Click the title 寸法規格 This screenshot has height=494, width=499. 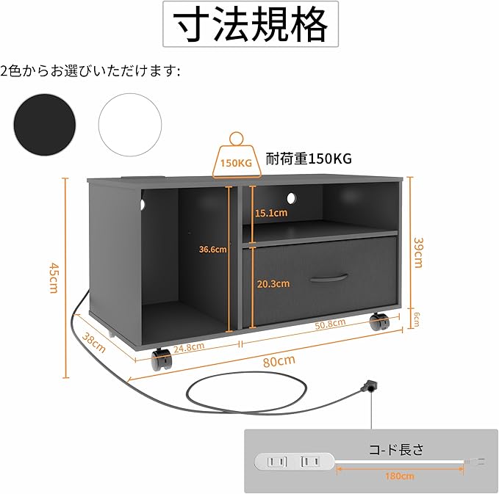click(x=250, y=26)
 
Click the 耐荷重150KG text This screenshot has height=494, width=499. click(x=309, y=159)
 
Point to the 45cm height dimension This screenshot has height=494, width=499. click(x=52, y=277)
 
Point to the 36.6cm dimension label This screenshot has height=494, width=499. click(x=213, y=249)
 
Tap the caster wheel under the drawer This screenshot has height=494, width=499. click(x=379, y=322)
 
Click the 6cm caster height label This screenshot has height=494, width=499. click(x=417, y=319)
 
